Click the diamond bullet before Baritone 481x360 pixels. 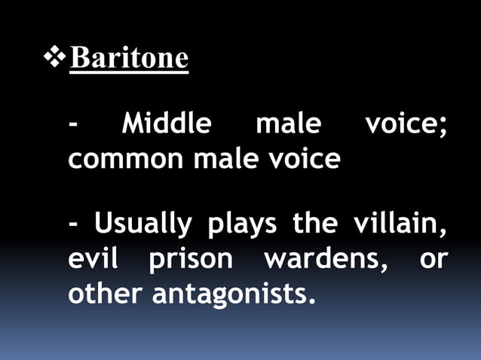click(x=56, y=56)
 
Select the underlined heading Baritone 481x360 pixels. click(x=128, y=58)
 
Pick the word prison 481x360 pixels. click(x=191, y=258)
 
